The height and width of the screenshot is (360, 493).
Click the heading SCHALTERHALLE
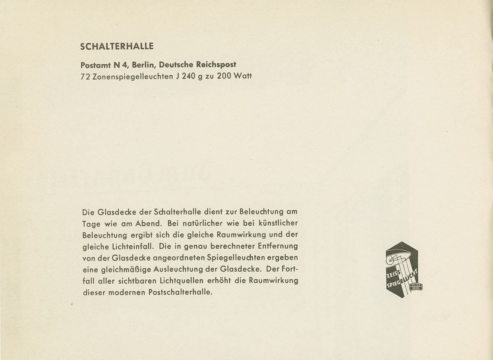pyautogui.click(x=117, y=46)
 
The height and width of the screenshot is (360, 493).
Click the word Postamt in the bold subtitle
pyautogui.click(x=97, y=65)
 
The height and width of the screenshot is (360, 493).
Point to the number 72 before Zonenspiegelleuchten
pyautogui.click(x=86, y=76)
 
